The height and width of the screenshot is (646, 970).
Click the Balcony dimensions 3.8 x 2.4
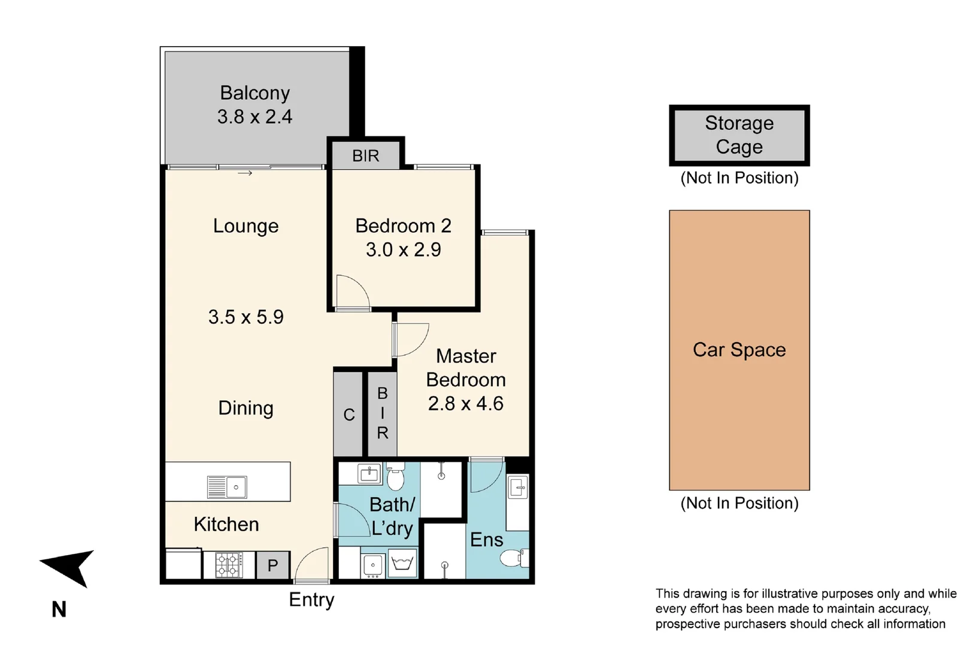(x=254, y=117)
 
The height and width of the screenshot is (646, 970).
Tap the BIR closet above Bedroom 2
(x=365, y=156)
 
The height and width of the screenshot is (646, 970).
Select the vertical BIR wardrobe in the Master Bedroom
(x=382, y=413)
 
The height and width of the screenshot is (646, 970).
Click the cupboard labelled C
(x=348, y=414)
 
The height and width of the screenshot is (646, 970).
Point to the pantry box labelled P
(x=273, y=565)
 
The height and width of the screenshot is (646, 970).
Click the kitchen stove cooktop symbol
(x=229, y=565)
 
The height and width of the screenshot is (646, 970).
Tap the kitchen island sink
(x=228, y=487)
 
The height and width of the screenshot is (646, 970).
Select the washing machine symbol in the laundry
(x=403, y=564)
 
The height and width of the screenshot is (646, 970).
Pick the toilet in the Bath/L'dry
(x=395, y=478)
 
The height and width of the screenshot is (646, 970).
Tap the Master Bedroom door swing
(x=411, y=340)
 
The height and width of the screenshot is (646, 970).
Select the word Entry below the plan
(x=311, y=599)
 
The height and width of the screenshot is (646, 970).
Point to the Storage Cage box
(x=739, y=135)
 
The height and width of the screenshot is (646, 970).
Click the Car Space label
(x=739, y=350)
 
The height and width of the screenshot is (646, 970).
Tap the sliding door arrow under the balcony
(x=245, y=173)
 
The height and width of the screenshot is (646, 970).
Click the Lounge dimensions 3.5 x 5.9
(x=245, y=317)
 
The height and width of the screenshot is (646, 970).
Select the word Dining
(x=245, y=408)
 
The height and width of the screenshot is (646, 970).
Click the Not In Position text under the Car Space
(x=739, y=503)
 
